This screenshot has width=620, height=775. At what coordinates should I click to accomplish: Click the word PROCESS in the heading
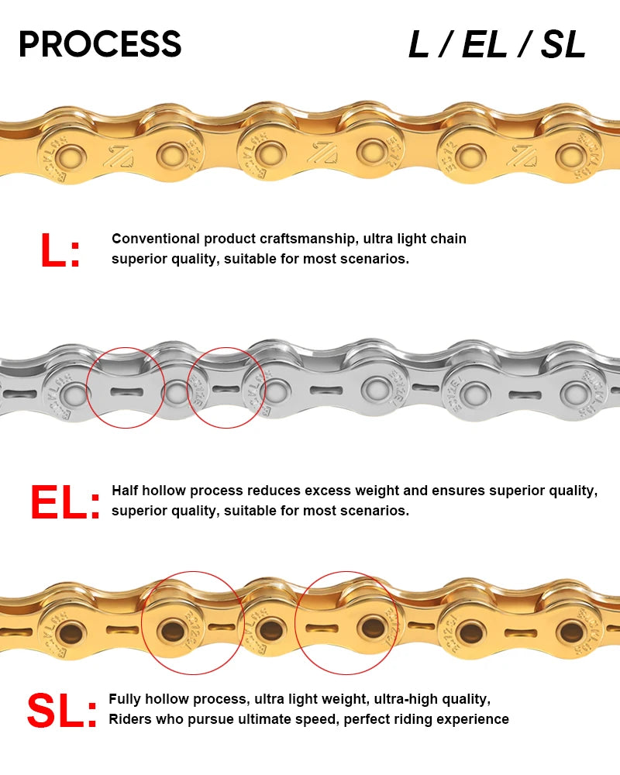100,44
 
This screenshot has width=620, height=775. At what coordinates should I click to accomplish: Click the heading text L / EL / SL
497,46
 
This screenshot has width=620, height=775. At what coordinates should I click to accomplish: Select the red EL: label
65,503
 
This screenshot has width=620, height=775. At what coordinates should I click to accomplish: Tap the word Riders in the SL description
130,719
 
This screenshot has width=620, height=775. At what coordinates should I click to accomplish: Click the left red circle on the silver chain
126,387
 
